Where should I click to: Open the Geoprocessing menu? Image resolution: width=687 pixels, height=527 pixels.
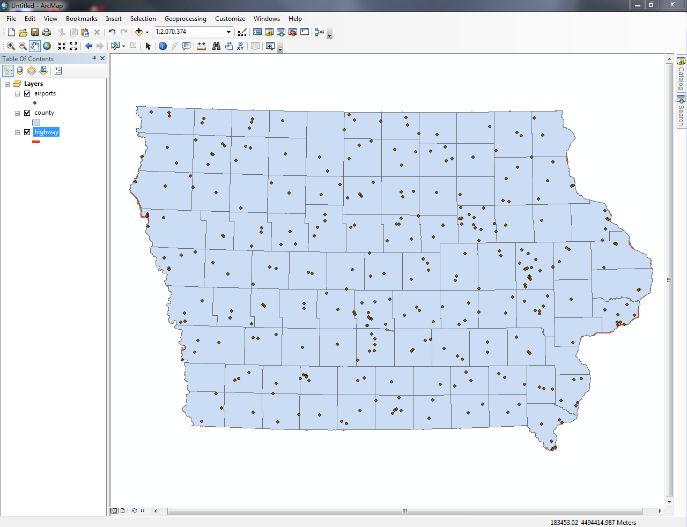click(x=185, y=19)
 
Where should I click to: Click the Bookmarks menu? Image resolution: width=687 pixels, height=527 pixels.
click(x=82, y=19)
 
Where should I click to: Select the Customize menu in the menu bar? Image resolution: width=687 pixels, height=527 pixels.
click(x=230, y=19)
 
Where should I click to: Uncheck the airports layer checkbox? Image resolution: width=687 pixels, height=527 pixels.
click(x=27, y=94)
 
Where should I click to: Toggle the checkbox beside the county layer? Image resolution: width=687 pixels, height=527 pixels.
click(x=27, y=113)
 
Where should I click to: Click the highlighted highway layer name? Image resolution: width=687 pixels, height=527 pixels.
click(x=46, y=132)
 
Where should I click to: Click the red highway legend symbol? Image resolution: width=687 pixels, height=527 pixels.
click(x=36, y=142)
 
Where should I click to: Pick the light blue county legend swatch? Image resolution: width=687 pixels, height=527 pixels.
click(x=36, y=122)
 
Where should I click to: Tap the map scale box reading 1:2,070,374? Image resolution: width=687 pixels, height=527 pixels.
click(x=190, y=32)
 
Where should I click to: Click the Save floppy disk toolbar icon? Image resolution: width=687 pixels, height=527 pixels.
click(x=35, y=32)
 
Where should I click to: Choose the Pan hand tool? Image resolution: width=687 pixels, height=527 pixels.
click(x=35, y=46)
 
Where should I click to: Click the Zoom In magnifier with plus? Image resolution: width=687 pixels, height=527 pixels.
click(x=11, y=46)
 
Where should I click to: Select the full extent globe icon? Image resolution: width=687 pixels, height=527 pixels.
click(x=47, y=46)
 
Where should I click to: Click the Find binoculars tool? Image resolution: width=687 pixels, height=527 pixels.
click(x=216, y=46)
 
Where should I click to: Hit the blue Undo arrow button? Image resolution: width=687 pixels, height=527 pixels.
click(x=112, y=32)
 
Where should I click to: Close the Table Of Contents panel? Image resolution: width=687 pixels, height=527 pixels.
click(x=102, y=58)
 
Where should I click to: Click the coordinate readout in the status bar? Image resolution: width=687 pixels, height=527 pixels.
click(x=593, y=522)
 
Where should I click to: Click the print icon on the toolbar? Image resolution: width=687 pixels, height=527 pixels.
click(x=47, y=32)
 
